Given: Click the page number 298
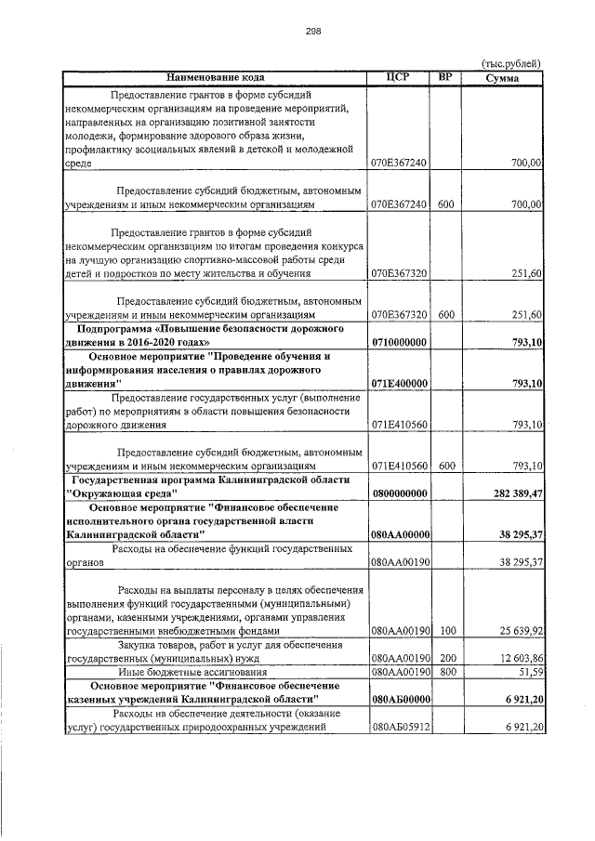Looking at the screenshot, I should click(313, 31).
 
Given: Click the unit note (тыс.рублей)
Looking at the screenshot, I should click(511, 63).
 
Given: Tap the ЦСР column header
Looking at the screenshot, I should click(398, 77).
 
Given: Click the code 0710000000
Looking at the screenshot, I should click(399, 342).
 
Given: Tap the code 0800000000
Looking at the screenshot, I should click(399, 493).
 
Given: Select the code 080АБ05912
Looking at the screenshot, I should click(399, 727).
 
